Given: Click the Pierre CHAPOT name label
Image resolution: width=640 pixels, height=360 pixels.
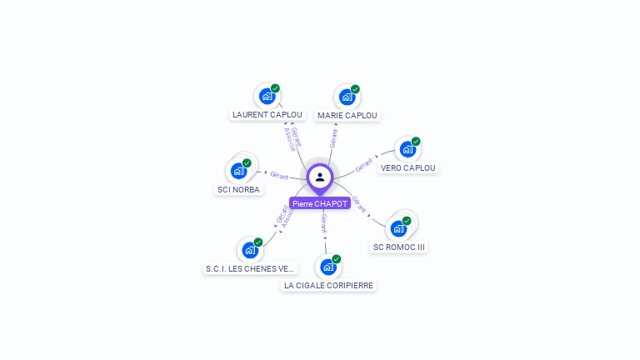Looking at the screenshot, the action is tap(320, 203).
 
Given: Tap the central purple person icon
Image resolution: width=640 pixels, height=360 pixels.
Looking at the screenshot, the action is tap(320, 177).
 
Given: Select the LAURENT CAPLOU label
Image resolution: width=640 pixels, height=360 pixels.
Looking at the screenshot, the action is tap(267, 115).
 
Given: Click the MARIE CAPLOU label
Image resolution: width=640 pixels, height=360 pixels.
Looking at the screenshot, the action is tap(347, 115).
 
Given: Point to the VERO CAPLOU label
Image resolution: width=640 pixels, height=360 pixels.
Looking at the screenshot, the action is tap(407, 167).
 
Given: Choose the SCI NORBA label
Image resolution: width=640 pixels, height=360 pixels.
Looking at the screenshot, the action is tap(238, 189).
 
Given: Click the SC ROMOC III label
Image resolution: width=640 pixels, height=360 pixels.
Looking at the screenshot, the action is tap(399, 247).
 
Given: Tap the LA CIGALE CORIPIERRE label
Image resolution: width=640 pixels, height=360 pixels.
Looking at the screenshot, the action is tap(328, 285).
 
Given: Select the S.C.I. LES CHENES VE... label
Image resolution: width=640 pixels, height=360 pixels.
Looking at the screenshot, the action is tap(250, 268).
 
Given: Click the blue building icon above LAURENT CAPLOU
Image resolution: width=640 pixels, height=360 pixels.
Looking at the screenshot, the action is tap(267, 96).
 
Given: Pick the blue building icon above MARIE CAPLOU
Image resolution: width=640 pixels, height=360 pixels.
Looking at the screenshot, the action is tap(347, 97).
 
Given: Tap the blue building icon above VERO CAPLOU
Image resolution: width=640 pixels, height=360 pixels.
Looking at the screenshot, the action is tap(407, 149).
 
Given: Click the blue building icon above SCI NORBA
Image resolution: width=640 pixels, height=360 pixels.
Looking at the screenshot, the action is tap(238, 171).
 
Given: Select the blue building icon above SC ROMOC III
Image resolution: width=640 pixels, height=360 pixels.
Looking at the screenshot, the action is tap(398, 228).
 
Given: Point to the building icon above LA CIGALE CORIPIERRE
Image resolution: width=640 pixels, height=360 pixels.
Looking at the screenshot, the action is tap(327, 267).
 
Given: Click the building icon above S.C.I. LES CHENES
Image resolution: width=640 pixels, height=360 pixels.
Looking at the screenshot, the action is tap(249, 250).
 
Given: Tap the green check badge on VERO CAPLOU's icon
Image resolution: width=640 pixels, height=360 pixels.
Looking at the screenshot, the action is tap(416, 141).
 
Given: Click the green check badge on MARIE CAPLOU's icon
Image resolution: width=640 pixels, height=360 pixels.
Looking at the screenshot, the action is tap(355, 88).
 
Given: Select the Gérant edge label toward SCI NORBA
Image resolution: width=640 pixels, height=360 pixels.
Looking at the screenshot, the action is tap(278, 175).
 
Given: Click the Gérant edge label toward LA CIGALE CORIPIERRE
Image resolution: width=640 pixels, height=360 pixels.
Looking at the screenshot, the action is tap(323, 222).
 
